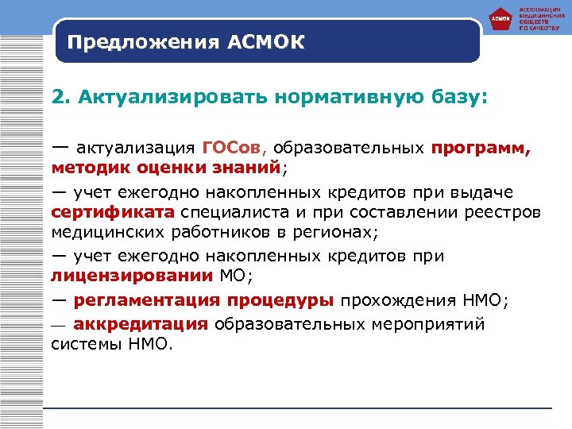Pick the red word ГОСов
pyautogui.click(x=238, y=148)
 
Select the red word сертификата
pyautogui.click(x=112, y=213)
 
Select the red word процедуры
pyautogui.click(x=283, y=301)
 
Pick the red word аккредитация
pyautogui.click(x=141, y=324)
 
